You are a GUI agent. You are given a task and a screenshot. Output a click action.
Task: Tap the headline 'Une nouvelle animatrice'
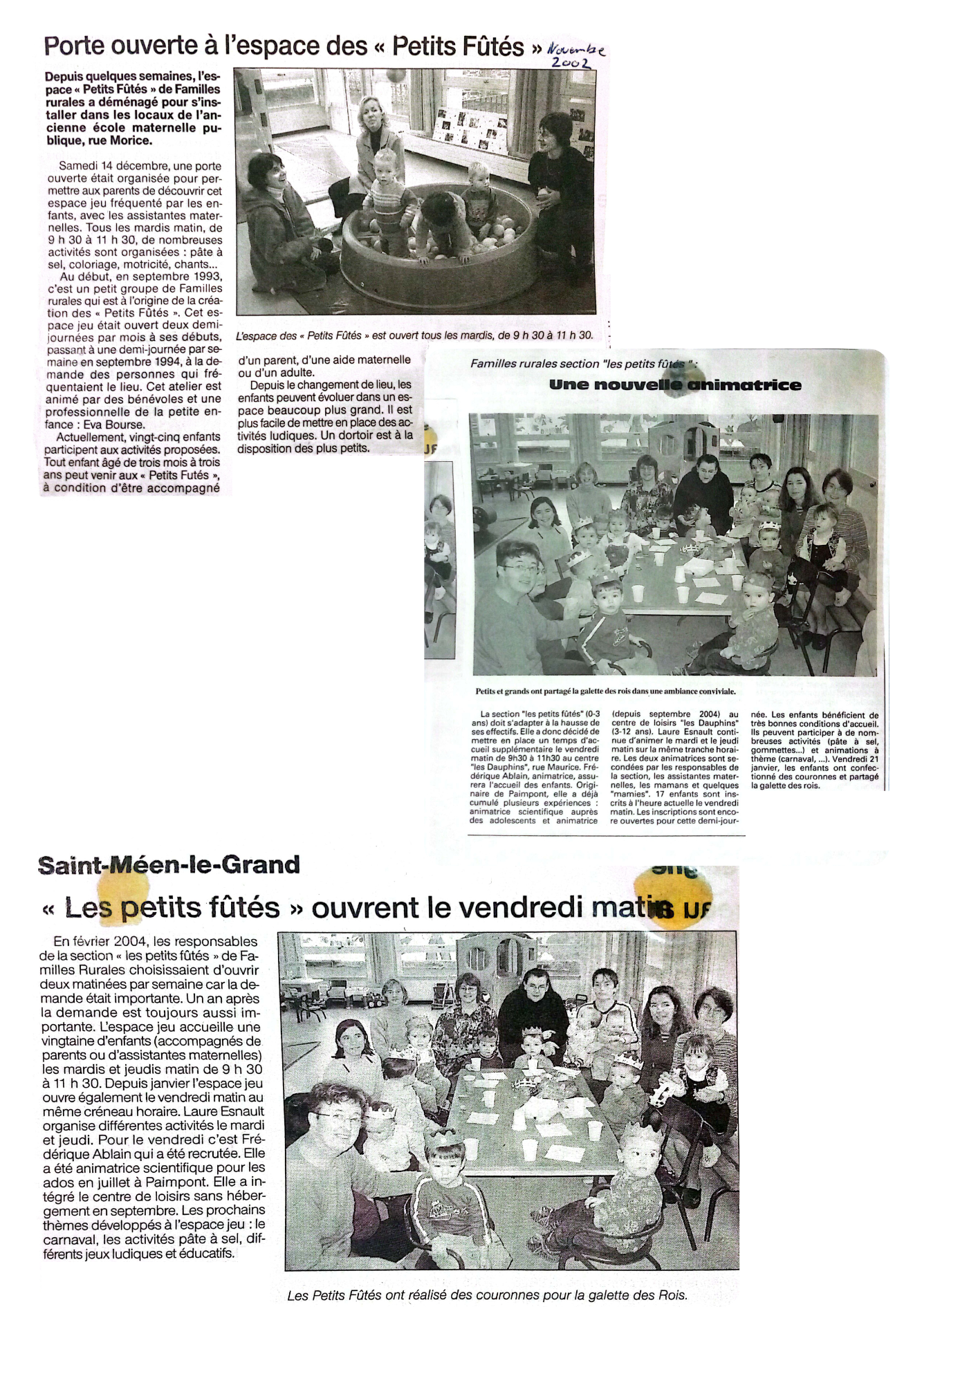[x=675, y=385]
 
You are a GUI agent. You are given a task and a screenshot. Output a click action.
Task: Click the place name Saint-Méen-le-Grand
[x=169, y=865]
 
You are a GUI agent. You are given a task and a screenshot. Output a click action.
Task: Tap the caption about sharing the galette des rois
[x=605, y=691]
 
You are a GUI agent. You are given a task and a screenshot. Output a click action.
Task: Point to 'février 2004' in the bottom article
[x=110, y=942]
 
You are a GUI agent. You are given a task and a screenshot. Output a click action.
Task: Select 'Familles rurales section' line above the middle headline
[x=534, y=364]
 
